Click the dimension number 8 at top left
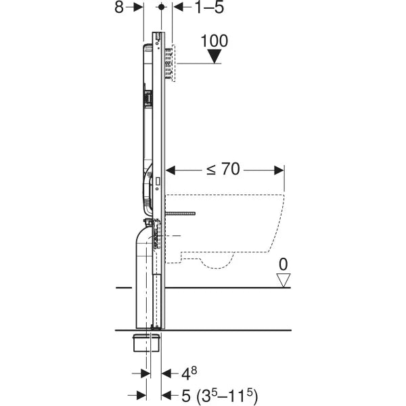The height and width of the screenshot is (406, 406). [x=119, y=7]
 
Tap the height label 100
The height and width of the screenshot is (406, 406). [x=215, y=41]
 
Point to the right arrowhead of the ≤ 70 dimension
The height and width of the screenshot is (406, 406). [x=279, y=169]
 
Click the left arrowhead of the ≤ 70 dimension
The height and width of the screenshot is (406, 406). [x=171, y=169]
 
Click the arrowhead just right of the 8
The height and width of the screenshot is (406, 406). [x=138, y=7]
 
